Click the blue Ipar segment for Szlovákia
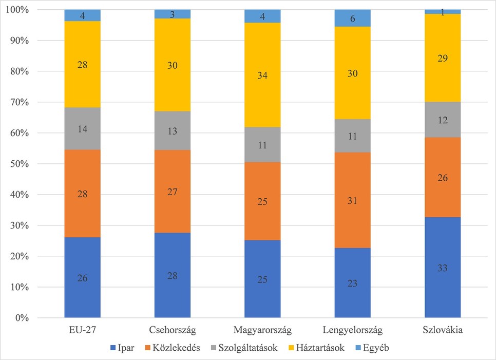[x=443, y=267]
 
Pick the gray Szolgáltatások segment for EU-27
[x=83, y=128]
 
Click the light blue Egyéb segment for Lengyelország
[x=352, y=18]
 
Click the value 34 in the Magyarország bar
[x=262, y=75]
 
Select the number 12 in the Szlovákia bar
[x=443, y=120]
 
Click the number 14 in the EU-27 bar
[x=83, y=129]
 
